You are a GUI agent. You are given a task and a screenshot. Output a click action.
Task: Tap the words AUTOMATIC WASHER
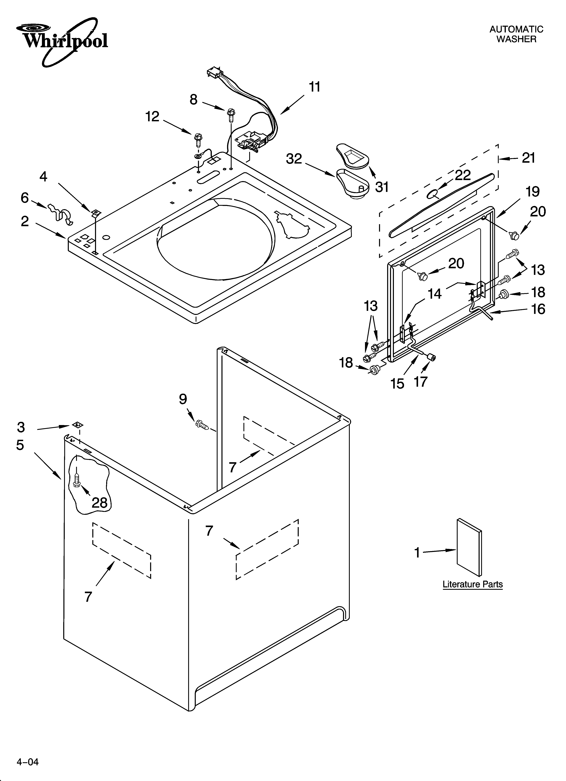(516, 34)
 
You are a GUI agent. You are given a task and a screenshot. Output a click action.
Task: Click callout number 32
(294, 159)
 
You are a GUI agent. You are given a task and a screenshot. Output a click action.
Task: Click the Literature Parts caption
(472, 584)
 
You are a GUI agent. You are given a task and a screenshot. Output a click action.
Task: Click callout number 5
(20, 445)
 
